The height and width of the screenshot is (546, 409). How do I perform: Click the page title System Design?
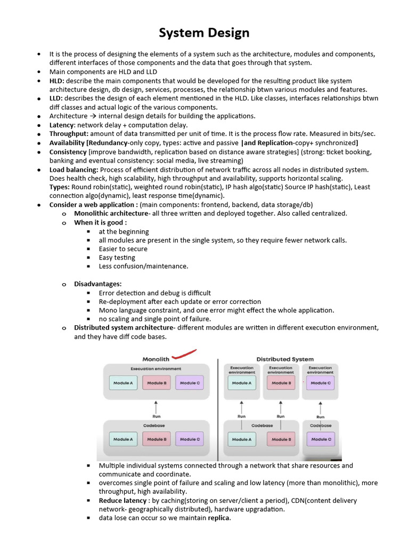click(204, 33)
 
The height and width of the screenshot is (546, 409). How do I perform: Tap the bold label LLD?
click(57, 98)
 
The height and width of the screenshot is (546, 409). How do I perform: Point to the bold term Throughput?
click(69, 133)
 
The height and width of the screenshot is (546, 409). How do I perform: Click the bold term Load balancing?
click(74, 170)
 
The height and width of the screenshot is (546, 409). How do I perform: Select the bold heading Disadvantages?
click(98, 284)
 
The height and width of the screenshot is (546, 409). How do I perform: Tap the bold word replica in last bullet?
click(219, 518)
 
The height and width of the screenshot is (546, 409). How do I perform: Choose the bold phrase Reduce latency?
click(122, 501)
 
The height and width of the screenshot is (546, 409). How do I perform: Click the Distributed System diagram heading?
click(285, 359)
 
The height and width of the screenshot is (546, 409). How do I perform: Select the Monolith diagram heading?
click(156, 359)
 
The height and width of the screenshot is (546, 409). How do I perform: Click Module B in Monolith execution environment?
click(156, 383)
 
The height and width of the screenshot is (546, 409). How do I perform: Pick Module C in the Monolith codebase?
click(189, 439)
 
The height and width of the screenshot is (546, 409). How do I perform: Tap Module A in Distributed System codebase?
click(241, 439)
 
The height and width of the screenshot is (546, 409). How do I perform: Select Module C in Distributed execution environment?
click(320, 383)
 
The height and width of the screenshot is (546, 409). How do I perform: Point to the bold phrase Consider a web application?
click(93, 205)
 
